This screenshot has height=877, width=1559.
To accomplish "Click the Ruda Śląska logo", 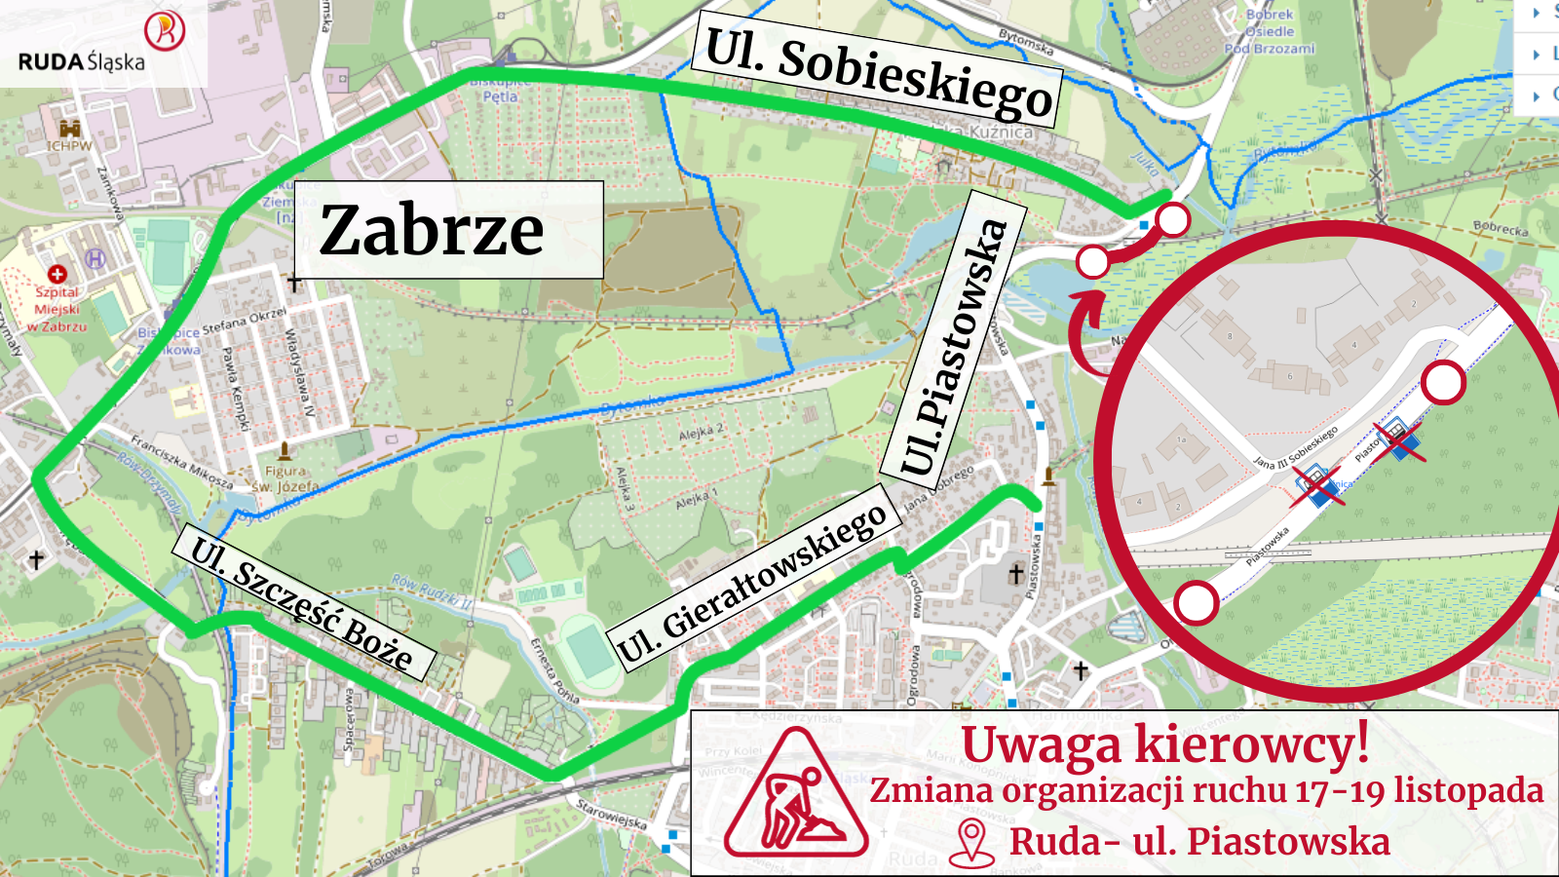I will pyautogui.click(x=102, y=44).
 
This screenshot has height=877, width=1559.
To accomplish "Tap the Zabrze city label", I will pyautogui.click(x=433, y=230).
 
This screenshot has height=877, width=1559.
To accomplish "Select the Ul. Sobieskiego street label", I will pyautogui.click(x=878, y=73).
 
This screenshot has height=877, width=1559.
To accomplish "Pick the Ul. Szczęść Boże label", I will pyautogui.click(x=301, y=603).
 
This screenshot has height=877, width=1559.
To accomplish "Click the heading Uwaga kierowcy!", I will pyautogui.click(x=1165, y=744).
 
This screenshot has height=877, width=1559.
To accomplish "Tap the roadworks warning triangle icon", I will pyautogui.click(x=797, y=795).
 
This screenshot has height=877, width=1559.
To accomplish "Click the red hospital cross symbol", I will pyautogui.click(x=57, y=274).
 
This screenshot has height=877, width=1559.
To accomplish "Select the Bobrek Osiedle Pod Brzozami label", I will pyautogui.click(x=1270, y=31).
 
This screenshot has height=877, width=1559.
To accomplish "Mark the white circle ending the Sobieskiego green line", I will pyautogui.click(x=1173, y=220).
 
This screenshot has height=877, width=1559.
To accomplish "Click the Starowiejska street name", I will pyautogui.click(x=611, y=814).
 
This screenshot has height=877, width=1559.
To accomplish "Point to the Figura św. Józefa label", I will pyautogui.click(x=285, y=477).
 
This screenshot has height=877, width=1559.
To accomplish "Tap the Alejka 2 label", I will pyautogui.click(x=702, y=430).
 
